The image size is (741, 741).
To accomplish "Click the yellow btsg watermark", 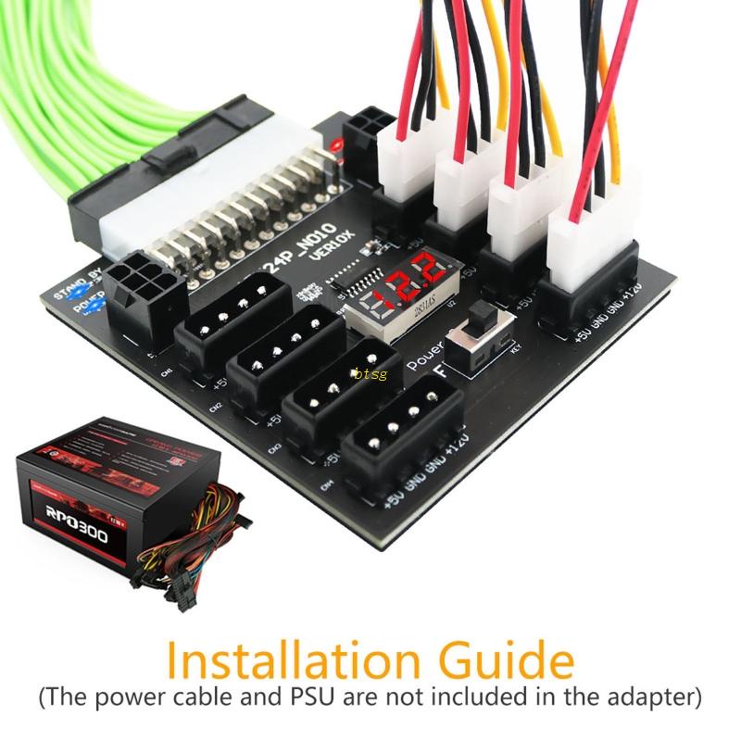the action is tap(370, 373).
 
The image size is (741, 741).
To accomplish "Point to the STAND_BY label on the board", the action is tap(77, 294).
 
